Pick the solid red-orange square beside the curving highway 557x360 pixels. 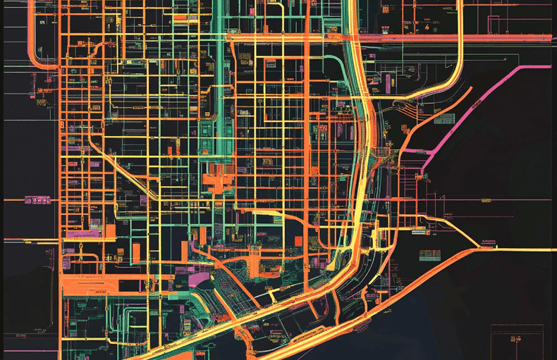pyautogui.click(x=298, y=241)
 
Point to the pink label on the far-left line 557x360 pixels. pyautogui.click(x=37, y=200)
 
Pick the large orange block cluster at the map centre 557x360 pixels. pyautogui.click(x=219, y=180)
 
